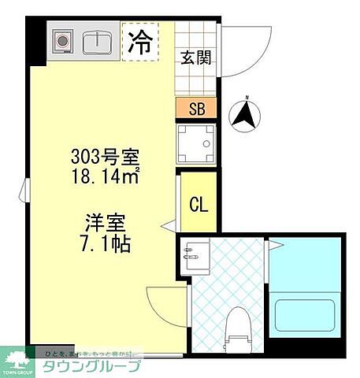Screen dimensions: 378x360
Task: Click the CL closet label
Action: coord(198,205)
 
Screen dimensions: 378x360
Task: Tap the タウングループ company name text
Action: coord(92,367)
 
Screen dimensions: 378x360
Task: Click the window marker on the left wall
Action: coord(27,189)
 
